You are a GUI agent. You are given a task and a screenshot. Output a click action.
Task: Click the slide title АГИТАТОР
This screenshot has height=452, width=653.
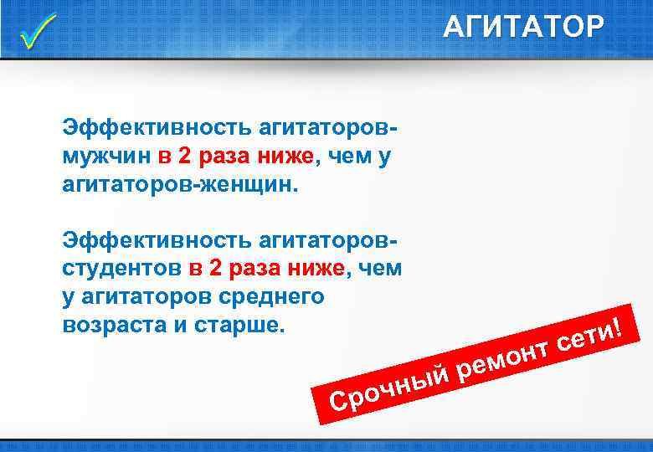522,28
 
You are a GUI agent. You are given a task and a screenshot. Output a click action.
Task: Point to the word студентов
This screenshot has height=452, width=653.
121,269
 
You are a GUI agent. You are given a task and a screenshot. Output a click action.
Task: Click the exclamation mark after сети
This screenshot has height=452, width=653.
620,321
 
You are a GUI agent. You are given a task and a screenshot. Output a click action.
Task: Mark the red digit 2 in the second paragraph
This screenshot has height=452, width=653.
215,269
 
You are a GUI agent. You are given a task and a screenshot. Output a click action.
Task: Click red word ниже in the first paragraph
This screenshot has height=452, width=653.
285,156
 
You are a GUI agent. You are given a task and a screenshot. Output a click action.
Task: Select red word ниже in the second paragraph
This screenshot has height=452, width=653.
316,269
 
